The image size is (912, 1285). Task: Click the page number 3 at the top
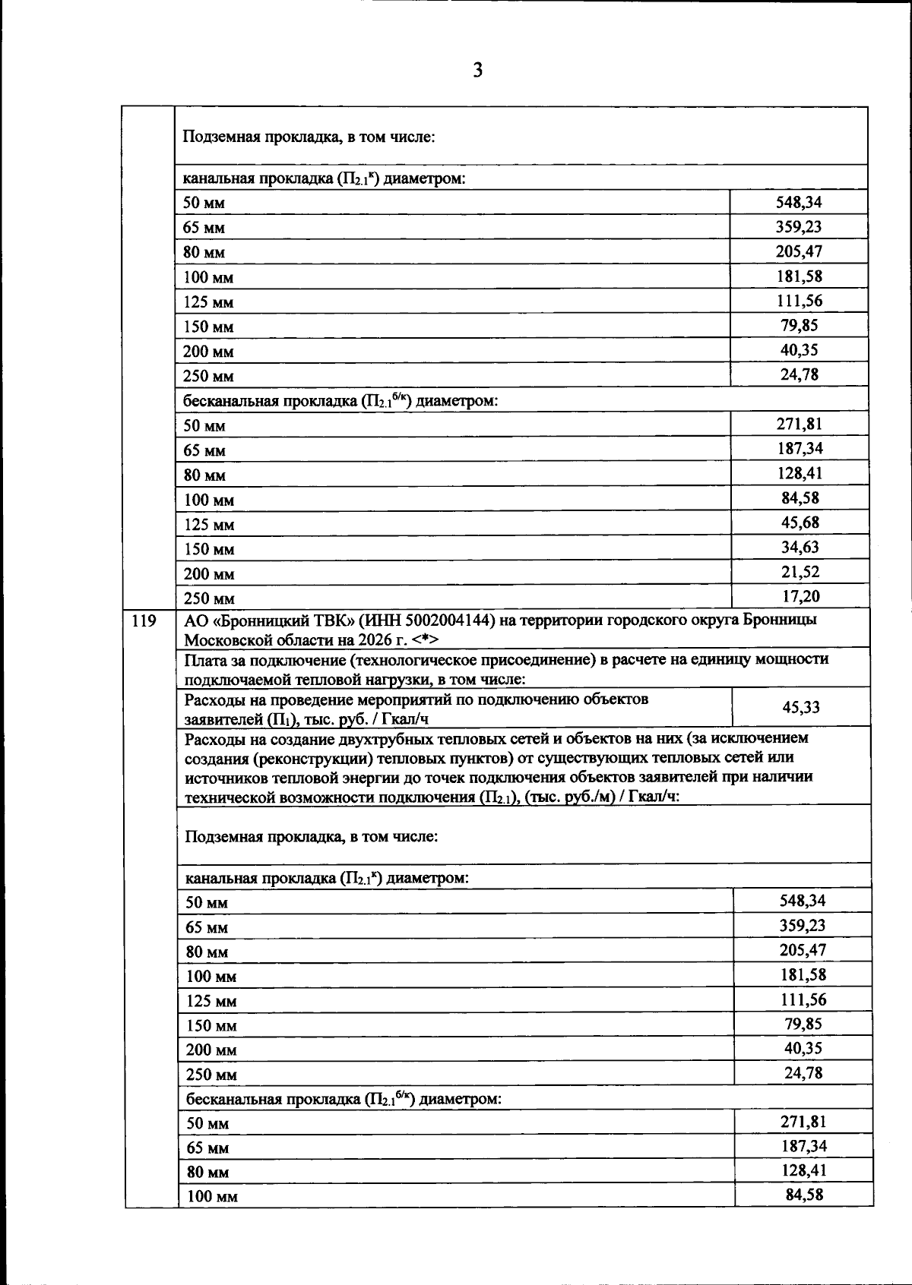(477, 71)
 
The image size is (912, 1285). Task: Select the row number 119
(144, 620)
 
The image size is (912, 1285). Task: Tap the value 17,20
(801, 596)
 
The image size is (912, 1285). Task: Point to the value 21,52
(801, 572)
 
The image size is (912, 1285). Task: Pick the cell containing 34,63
(801, 547)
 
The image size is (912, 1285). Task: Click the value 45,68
(801, 523)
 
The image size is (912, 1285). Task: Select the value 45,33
(801, 707)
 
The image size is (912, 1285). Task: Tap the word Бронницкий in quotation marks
(265, 620)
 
